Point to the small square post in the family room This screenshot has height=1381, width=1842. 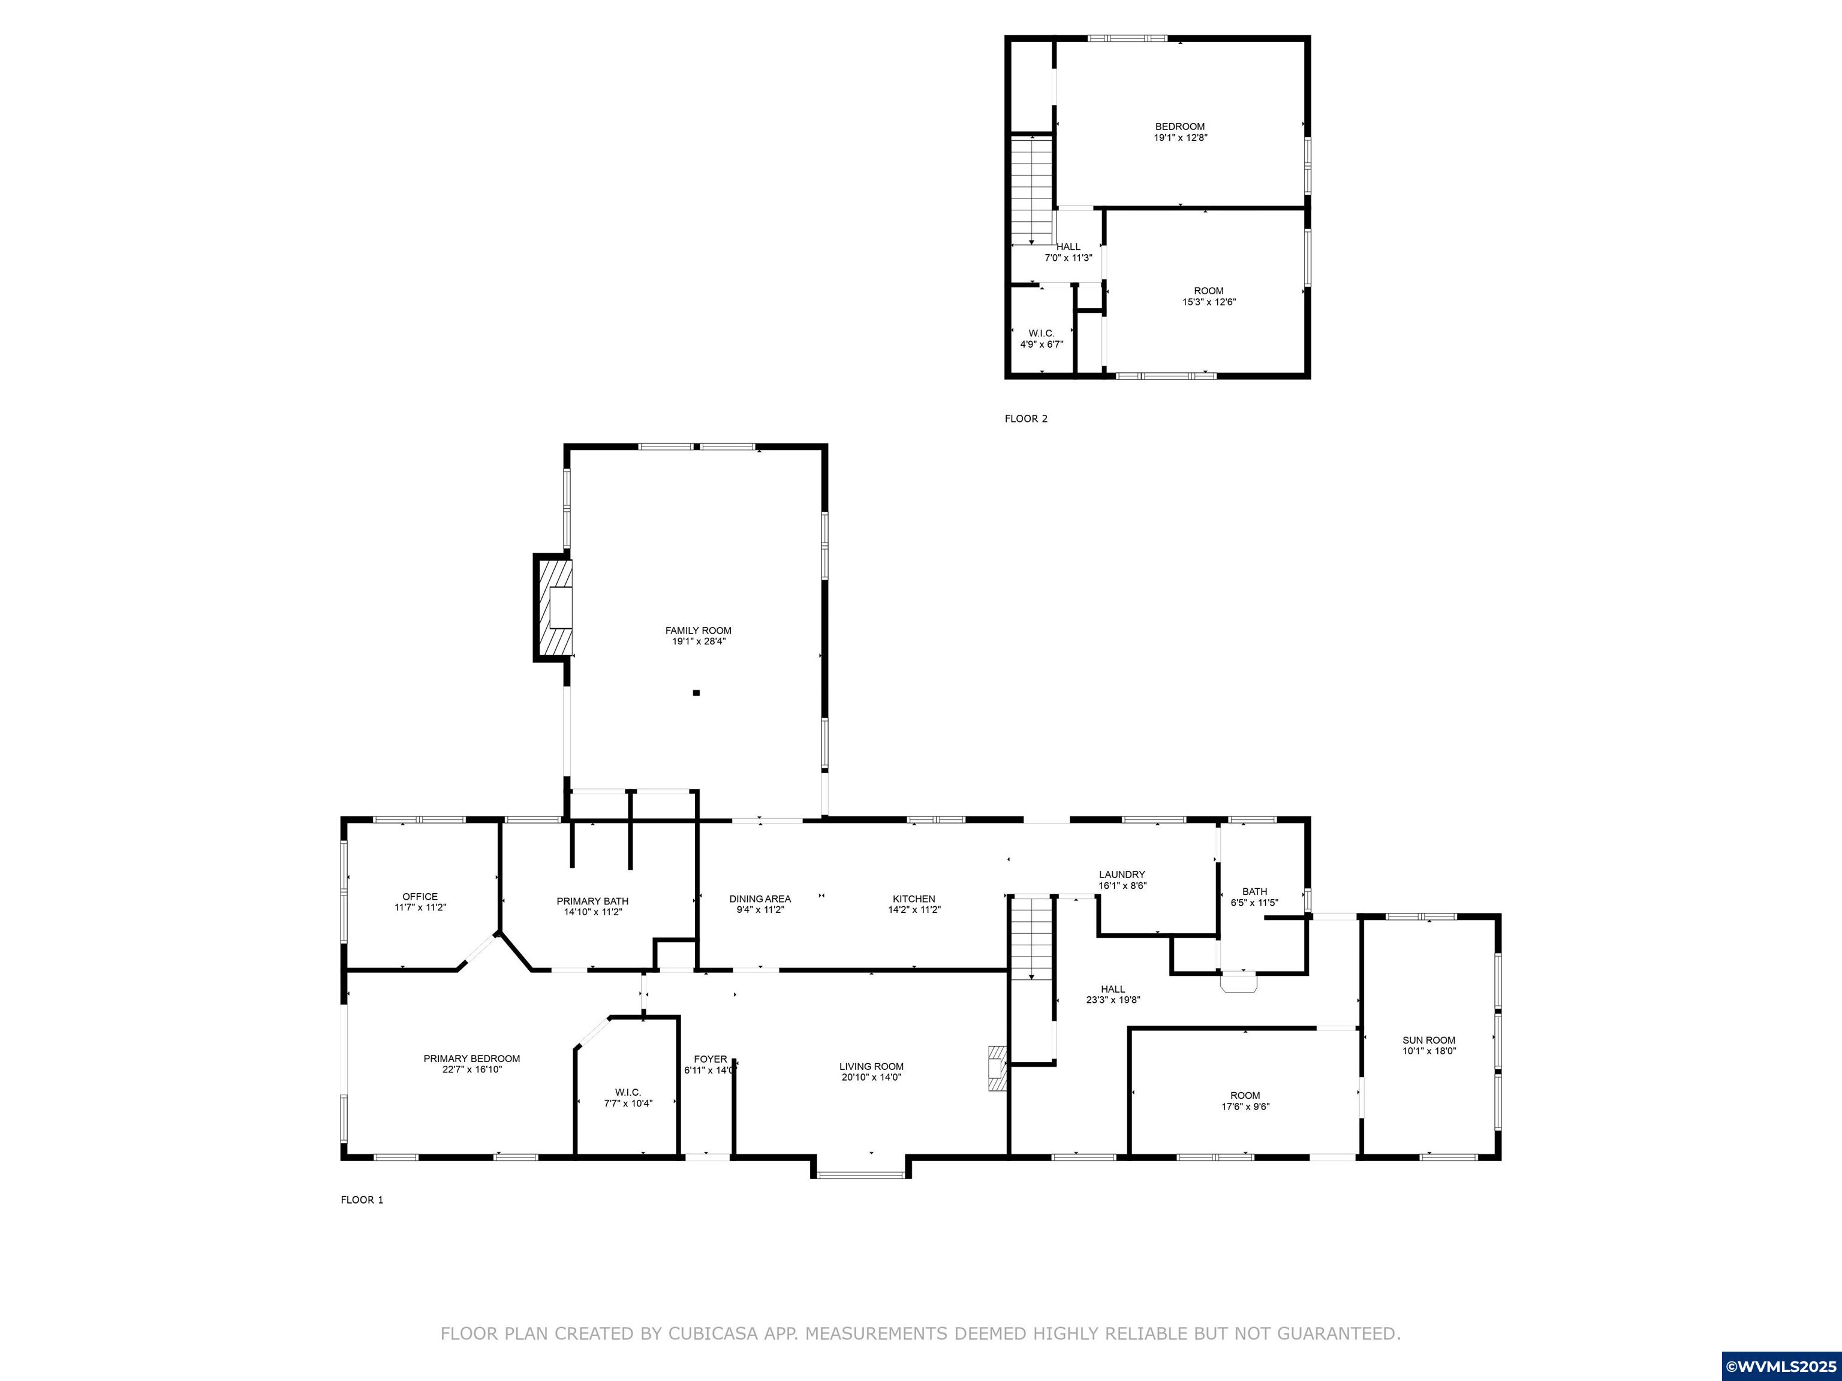coord(696,692)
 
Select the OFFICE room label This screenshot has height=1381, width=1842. coord(420,897)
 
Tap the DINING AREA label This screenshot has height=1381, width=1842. coord(760,899)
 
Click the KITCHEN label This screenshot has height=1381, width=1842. coord(914,899)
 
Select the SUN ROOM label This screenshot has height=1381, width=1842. coord(1429,1040)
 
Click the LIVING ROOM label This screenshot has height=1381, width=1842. coord(871,1066)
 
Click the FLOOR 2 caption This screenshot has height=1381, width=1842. coord(1026,419)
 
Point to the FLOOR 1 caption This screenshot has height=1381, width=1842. coord(362,1199)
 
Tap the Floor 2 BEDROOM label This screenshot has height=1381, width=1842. coord(1180,126)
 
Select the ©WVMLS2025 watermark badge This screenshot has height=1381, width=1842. coord(1781,1366)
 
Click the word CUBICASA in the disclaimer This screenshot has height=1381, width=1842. coord(713,1334)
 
